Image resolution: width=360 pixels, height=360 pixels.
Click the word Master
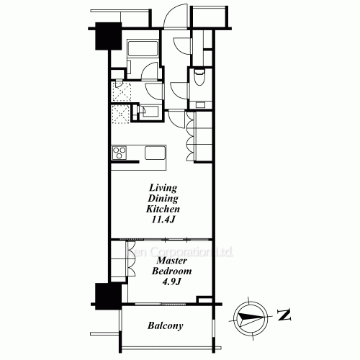coord(168,260)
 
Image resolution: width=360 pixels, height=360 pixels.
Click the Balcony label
coord(165,325)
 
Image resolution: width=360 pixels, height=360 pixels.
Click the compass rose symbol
coord(250,315)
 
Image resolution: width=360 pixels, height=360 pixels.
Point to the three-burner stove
coord(120,152)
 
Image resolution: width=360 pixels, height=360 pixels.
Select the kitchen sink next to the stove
coord(155,153)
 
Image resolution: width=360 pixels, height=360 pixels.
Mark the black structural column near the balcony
coord(106,294)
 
